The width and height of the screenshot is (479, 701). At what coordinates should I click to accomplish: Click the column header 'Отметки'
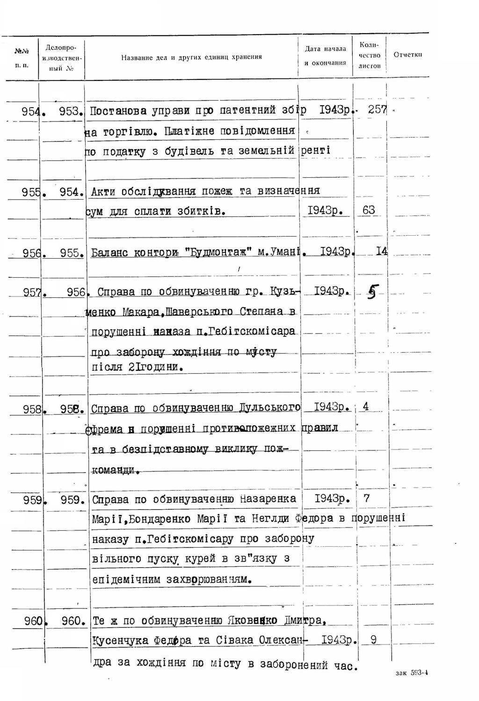coord(408,55)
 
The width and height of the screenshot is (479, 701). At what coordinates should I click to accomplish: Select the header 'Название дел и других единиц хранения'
coord(191,57)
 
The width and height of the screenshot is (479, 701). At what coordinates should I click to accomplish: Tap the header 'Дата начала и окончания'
coord(325,55)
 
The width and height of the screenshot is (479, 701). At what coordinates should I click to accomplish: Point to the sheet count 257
coord(377,110)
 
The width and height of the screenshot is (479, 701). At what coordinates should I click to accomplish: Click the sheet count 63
coord(369,210)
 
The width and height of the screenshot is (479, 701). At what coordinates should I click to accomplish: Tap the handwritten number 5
coord(372,292)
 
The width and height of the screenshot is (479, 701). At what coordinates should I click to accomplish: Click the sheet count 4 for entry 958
coord(365,406)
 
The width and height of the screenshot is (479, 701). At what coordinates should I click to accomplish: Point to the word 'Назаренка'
coord(268,499)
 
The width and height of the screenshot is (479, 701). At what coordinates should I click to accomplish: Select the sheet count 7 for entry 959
coord(366,498)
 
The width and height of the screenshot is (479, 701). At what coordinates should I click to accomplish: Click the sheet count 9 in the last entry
coord(373,639)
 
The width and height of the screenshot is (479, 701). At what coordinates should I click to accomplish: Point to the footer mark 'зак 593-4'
coord(412,673)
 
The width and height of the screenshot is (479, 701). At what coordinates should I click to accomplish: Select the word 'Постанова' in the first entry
coord(120,111)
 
